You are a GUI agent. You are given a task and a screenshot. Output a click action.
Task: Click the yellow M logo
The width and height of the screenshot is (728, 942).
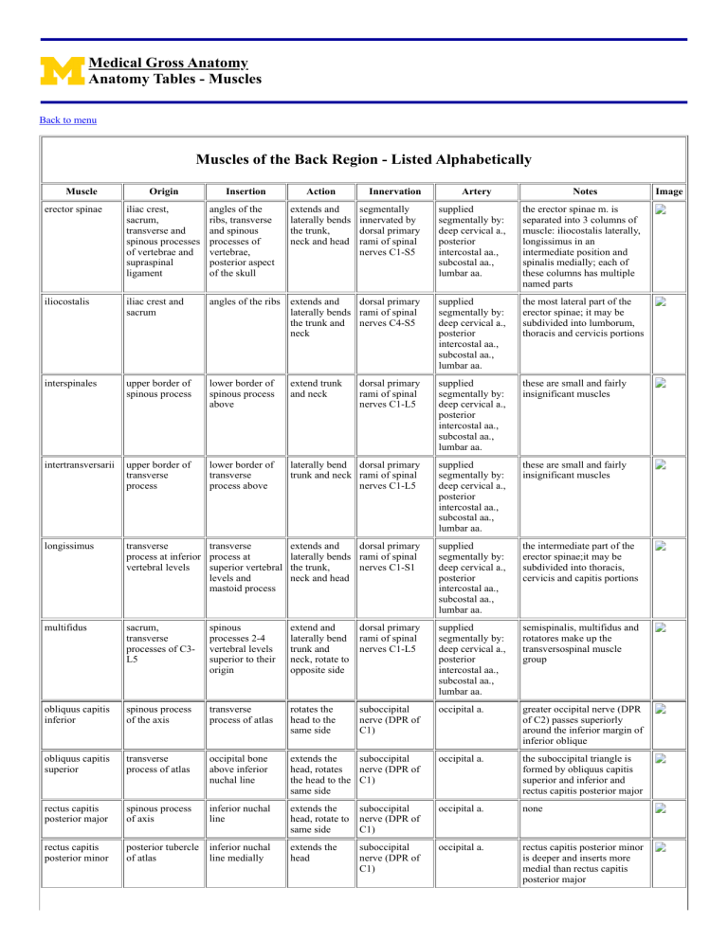pos(60,71)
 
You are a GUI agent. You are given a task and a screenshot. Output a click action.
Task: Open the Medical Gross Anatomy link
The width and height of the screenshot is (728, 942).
pos(168,63)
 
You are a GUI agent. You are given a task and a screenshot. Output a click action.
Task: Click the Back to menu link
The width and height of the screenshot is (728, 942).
pos(67,120)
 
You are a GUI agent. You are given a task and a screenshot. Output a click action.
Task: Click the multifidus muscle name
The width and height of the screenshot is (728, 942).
pos(66,548)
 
